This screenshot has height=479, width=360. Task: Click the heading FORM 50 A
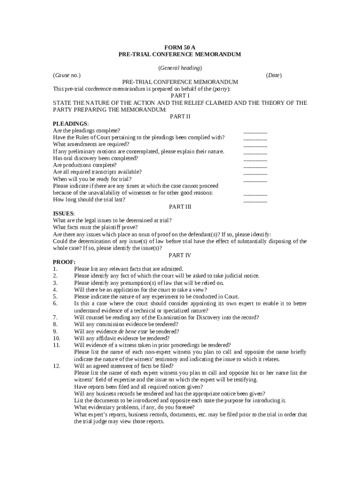click(180, 48)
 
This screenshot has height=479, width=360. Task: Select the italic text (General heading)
click(180, 68)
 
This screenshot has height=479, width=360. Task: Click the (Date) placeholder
click(274, 75)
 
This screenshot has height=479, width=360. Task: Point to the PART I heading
click(180, 95)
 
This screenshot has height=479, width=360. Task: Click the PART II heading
click(180, 116)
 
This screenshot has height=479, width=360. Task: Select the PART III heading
click(180, 206)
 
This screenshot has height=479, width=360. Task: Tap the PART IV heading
click(180, 255)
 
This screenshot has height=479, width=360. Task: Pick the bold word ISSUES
click(63, 213)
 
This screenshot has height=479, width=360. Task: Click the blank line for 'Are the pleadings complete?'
click(255, 132)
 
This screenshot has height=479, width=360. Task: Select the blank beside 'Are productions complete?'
click(255, 166)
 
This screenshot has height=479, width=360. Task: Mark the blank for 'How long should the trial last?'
click(255, 201)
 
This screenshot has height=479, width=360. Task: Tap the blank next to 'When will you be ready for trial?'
click(255, 180)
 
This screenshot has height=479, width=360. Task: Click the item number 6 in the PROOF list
click(55, 303)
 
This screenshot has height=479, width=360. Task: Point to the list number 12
click(57, 366)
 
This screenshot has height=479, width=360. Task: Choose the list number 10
click(57, 338)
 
